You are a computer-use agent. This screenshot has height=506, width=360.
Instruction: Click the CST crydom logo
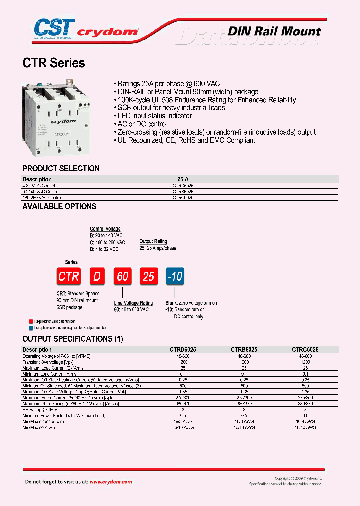tap(80, 29)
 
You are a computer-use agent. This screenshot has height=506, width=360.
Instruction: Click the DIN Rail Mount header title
tap(274, 31)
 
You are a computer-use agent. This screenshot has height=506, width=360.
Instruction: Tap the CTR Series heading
tap(54, 64)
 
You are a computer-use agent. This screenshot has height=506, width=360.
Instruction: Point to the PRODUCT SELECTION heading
tap(61, 169)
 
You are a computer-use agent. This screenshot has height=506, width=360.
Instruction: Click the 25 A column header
tap(183, 179)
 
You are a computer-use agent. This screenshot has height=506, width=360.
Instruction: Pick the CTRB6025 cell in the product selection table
tap(183, 191)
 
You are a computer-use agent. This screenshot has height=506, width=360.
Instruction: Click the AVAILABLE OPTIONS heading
tap(59, 206)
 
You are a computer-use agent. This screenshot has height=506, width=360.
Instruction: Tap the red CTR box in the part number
tap(69, 276)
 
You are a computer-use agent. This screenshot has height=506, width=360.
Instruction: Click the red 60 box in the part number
tap(122, 276)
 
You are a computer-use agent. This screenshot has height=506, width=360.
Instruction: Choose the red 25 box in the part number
tap(148, 276)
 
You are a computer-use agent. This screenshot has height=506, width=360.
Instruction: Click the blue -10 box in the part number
tap(175, 276)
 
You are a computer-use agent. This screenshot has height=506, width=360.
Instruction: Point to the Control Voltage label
tap(105, 229)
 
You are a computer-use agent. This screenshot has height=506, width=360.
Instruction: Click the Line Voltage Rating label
tap(133, 303)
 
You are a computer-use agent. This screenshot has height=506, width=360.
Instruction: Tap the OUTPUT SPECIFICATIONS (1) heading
tap(72, 339)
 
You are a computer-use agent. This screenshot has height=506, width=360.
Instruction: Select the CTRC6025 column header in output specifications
tap(305, 350)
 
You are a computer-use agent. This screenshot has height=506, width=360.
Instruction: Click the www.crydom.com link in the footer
tap(111, 482)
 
